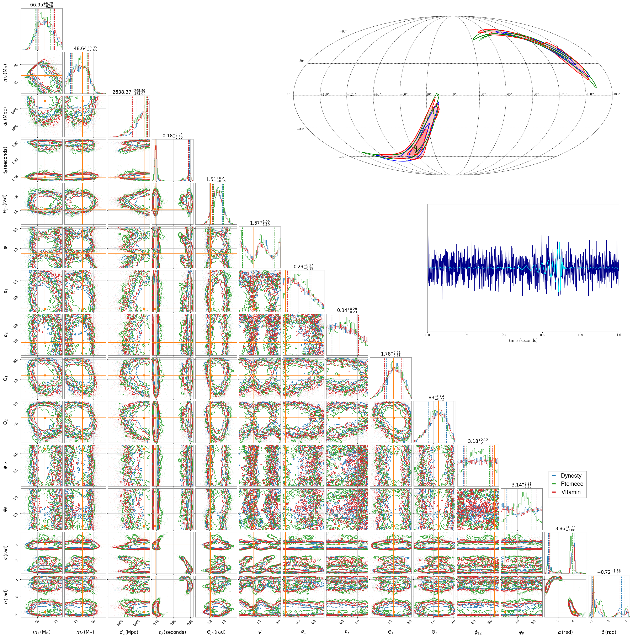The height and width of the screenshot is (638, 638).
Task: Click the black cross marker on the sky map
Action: click(416, 149)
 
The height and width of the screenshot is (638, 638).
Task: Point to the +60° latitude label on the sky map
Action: click(343, 32)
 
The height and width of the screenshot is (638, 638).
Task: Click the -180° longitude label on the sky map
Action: click(616, 94)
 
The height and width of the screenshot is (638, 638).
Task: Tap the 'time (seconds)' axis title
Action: click(523, 340)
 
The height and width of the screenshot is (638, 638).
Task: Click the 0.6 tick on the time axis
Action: click(542, 335)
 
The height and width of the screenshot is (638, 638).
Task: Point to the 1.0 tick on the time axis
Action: click(618, 335)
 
